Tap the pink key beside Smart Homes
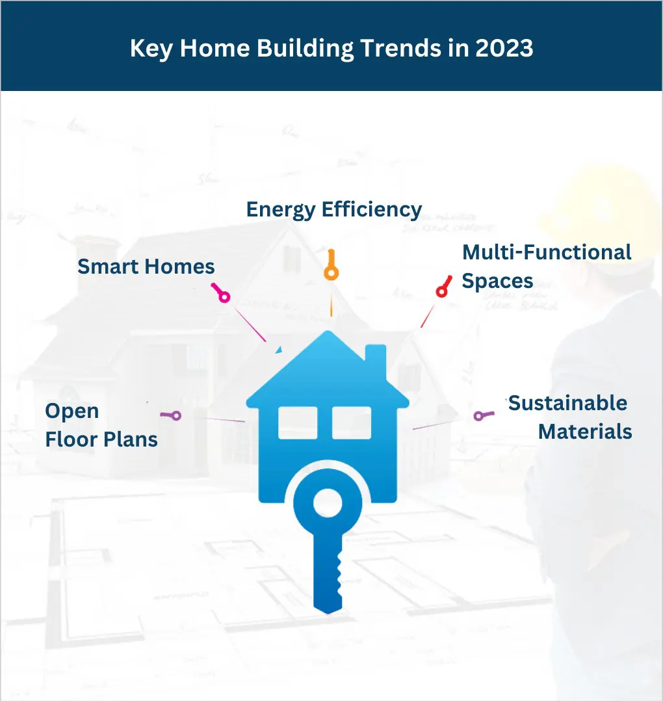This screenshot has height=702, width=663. click(x=221, y=292)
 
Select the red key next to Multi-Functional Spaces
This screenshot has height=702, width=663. click(x=444, y=287)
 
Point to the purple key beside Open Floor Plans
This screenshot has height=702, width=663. click(x=170, y=415)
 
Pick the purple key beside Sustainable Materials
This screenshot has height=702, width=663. click(x=484, y=415)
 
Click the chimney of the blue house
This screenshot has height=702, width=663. click(x=376, y=360)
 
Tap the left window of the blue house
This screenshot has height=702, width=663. click(x=298, y=422)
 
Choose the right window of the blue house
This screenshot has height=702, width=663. click(x=352, y=422)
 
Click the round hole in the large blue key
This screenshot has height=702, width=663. click(x=328, y=502)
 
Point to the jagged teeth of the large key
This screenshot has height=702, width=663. click(x=339, y=578)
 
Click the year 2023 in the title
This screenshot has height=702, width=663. click(x=504, y=48)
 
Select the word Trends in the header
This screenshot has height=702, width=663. click(x=400, y=48)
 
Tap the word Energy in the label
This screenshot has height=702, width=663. click(x=281, y=210)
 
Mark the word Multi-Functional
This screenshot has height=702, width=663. click(x=547, y=252)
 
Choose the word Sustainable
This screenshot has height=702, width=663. click(x=567, y=403)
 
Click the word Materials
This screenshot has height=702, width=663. click(x=584, y=432)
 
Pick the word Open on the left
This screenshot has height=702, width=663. click(x=71, y=411)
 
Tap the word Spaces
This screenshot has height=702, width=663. click(x=497, y=281)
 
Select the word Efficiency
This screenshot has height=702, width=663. click(x=372, y=210)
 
